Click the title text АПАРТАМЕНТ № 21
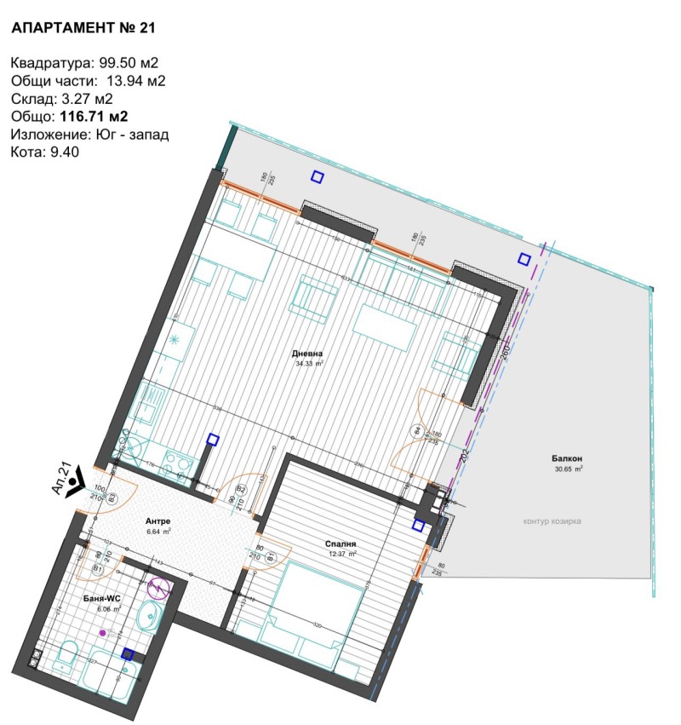pyautogui.click(x=83, y=28)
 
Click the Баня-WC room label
pyautogui.click(x=106, y=598)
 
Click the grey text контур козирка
pyautogui.click(x=558, y=521)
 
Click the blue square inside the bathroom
pyautogui.click(x=128, y=654)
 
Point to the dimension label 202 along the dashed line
pyautogui.click(x=466, y=455)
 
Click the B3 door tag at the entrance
pyautogui.click(x=112, y=498)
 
